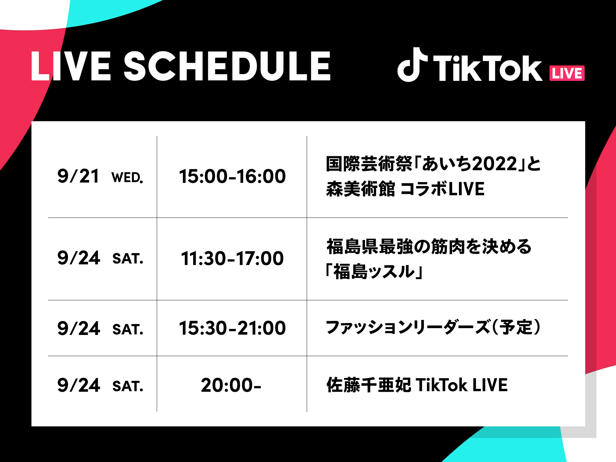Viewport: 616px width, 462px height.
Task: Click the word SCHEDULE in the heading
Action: coord(227,66)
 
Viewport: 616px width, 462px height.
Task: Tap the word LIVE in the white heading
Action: coord(71,66)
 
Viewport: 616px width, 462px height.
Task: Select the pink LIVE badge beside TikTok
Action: coord(567,73)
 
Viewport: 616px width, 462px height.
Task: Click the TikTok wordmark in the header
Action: coord(487,68)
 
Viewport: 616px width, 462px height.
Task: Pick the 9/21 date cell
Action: coord(78,176)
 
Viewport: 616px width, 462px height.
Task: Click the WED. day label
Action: coord(127,178)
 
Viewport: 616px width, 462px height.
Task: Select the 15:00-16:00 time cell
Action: coord(232,176)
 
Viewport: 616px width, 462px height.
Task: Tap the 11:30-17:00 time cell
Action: coord(232,259)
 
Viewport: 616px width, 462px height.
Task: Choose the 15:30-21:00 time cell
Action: coord(232,328)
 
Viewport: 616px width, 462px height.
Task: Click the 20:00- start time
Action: coord(231,385)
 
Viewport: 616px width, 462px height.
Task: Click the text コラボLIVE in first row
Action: coord(443,189)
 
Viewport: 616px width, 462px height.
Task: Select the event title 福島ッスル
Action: coord(374,272)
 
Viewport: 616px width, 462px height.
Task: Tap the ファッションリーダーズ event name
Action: coord(407,328)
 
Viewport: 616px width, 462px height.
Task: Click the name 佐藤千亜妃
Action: coord(369,385)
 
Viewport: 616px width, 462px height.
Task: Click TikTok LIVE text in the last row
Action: coord(462,385)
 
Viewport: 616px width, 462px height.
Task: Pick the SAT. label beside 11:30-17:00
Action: coord(128,259)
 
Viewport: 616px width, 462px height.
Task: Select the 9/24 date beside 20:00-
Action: coord(79,385)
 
